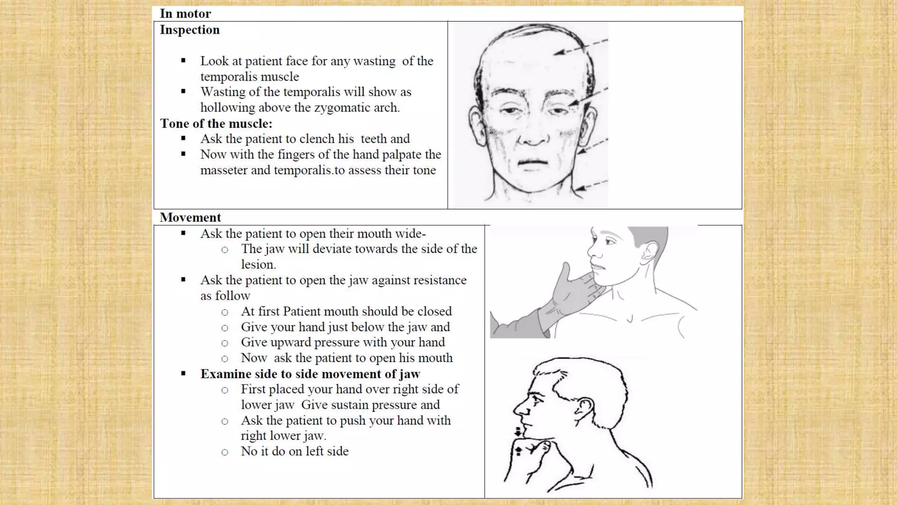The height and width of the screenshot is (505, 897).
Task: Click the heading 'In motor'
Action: [185, 14]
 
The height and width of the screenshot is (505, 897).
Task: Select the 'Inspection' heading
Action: [190, 30]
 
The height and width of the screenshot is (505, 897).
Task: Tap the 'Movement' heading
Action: [190, 217]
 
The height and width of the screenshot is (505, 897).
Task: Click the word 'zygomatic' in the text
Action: [340, 108]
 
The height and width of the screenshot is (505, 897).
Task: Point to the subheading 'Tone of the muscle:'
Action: [216, 124]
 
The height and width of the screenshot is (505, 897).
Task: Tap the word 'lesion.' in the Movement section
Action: [258, 265]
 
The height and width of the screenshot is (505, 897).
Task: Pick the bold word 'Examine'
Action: [226, 374]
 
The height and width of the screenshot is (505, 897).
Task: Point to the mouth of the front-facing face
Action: [533, 162]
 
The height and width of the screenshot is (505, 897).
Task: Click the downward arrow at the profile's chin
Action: [519, 431]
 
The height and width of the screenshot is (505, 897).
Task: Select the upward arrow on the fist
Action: [518, 451]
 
